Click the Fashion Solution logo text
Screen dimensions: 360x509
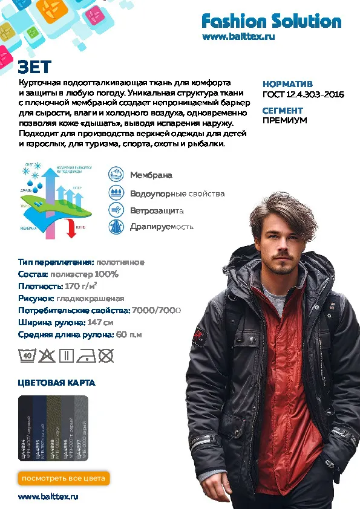[x=271, y=22]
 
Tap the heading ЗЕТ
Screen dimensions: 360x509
[x=34, y=66]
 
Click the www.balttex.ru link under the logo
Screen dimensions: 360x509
[x=239, y=37]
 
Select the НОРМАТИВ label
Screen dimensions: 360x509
[x=287, y=85]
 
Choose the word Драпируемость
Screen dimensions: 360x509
[x=162, y=227]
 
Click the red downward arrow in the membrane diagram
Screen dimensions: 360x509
[x=71, y=229]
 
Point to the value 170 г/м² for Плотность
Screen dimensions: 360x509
[x=81, y=286]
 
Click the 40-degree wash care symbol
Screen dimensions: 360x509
[x=27, y=355]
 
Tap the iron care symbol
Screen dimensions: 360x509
[x=87, y=355]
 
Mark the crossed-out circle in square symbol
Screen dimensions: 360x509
[x=106, y=355]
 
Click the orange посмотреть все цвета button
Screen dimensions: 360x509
[x=64, y=478]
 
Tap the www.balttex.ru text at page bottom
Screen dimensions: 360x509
[x=48, y=497]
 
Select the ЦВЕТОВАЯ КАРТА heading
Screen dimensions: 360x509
[x=56, y=383]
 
